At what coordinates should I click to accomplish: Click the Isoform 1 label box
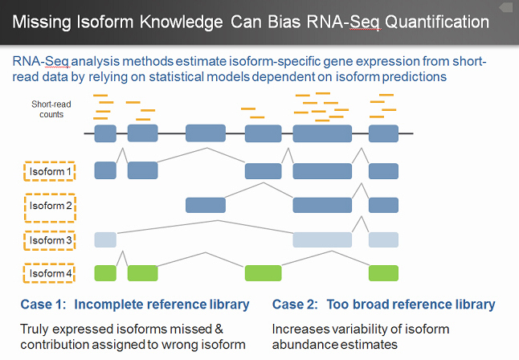(51, 171)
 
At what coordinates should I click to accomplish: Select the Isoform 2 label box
(51, 206)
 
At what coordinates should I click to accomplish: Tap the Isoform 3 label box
(51, 239)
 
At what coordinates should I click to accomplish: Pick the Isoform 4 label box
(51, 273)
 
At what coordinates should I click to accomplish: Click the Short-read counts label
(47, 109)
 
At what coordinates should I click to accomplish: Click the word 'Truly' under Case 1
(36, 329)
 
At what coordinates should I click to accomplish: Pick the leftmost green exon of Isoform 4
(105, 273)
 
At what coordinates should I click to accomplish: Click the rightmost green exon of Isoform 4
(383, 273)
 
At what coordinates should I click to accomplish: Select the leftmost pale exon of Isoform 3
(105, 239)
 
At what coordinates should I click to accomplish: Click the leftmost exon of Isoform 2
(206, 205)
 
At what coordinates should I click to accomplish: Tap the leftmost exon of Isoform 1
(105, 170)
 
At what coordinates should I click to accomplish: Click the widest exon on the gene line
(322, 133)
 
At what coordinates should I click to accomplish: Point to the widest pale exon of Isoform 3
(322, 239)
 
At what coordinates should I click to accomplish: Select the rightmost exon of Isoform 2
(383, 205)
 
